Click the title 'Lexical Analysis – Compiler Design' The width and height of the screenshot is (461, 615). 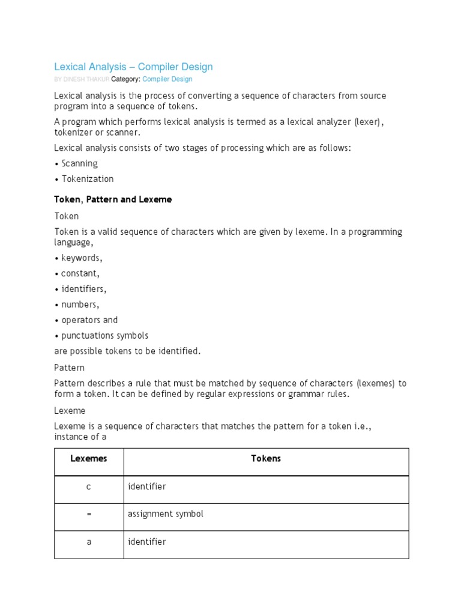[133, 67]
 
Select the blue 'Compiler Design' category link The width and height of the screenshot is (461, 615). [167, 79]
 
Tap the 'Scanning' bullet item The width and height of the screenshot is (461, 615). [79, 163]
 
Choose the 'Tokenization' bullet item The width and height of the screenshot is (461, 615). [87, 179]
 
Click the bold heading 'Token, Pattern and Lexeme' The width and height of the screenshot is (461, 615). [113, 199]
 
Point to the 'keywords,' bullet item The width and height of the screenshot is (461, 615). [82, 258]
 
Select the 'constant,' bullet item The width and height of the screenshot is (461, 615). [80, 273]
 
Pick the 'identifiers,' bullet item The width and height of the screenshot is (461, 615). [83, 289]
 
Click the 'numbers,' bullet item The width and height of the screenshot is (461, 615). [80, 304]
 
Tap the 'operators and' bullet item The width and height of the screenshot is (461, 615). [89, 320]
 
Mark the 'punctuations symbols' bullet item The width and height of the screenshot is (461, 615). [104, 336]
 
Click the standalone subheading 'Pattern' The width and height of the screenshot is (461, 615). [70, 368]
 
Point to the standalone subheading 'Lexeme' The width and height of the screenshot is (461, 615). [70, 411]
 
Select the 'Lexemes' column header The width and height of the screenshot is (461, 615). [89, 459]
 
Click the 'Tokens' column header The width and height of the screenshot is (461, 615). [266, 459]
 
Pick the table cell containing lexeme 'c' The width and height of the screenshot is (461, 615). [89, 486]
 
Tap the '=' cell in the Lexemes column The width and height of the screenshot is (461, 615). [89, 514]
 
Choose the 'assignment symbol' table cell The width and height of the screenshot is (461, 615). [165, 514]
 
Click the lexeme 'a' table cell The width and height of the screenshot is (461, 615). [89, 542]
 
